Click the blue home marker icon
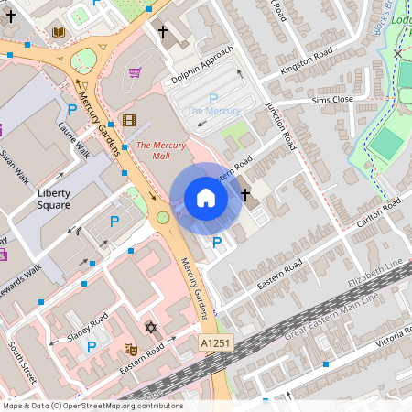coord(206,198)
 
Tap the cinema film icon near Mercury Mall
coord(128,120)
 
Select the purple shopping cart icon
coord(135,72)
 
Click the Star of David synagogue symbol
coord(150,327)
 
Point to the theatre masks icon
coord(130,349)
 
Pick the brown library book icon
coord(59,33)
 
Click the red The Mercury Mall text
coord(161,150)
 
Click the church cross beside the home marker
coord(245,195)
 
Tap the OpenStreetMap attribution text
coord(92,406)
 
